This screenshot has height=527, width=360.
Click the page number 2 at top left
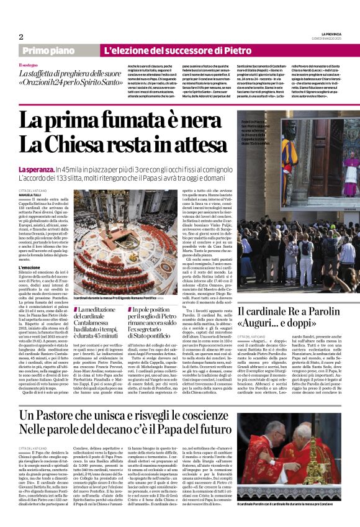tap(21, 37)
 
